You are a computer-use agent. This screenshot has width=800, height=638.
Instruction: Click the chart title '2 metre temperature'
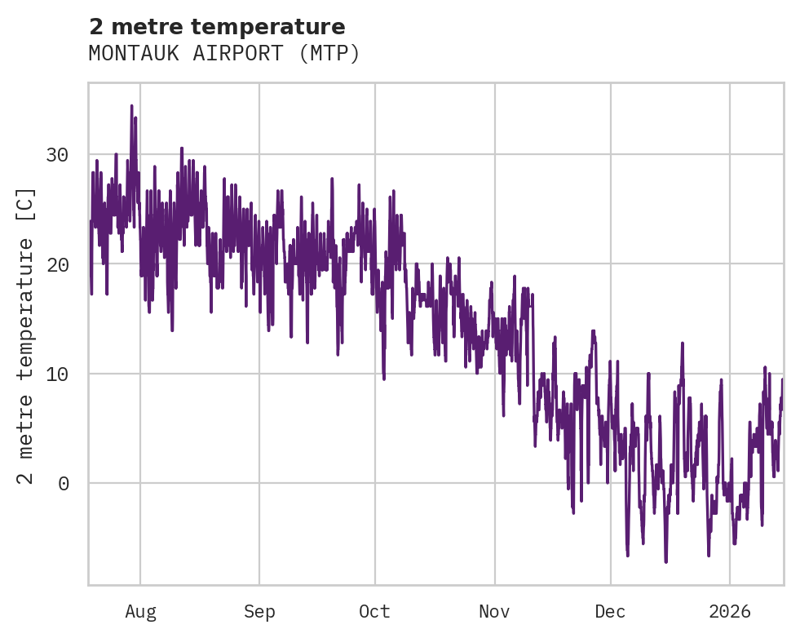217,27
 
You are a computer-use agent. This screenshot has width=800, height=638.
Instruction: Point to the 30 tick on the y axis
57,155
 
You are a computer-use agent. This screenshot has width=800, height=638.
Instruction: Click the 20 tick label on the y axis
57,264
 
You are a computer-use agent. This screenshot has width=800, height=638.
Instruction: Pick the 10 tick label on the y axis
57,374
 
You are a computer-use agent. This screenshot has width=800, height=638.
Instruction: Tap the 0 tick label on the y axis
63,483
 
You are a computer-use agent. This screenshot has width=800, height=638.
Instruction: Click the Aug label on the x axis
140,612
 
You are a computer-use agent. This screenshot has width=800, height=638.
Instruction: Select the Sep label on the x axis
259,612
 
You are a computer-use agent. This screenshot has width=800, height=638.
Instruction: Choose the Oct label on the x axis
375,612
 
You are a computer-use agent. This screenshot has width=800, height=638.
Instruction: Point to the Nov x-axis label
494,612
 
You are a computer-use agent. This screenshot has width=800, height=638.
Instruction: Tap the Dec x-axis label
610,612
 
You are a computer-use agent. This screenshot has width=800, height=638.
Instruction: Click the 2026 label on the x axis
730,612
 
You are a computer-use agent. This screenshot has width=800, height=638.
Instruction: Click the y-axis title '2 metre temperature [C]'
26,335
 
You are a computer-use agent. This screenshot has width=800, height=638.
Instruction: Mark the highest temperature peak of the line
131,106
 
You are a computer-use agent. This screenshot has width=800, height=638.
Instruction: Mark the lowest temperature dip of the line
665,561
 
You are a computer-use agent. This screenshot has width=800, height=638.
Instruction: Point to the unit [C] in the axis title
26,201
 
